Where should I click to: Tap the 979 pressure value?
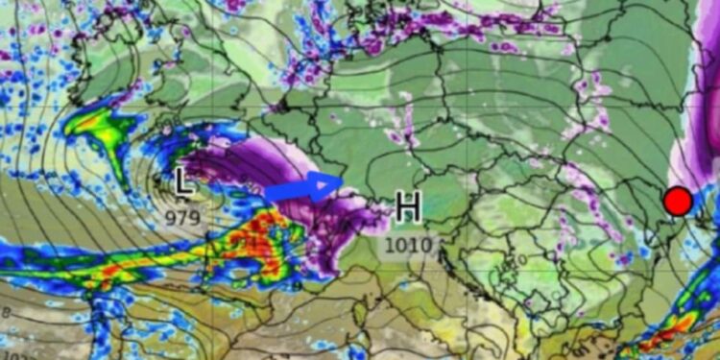tap(182, 218)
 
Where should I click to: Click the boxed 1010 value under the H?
tap(408, 245)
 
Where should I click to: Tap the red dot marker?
tap(678, 202)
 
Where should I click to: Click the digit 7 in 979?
tap(182, 218)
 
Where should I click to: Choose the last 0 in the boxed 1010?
tap(426, 245)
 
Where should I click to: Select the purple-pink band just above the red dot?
tap(706, 144)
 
